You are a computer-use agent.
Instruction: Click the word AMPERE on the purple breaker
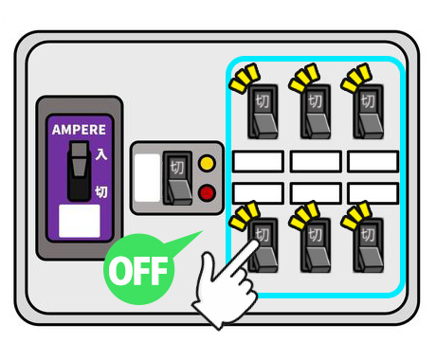pyautogui.click(x=79, y=130)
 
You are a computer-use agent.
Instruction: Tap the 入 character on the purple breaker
pyautogui.click(x=101, y=154)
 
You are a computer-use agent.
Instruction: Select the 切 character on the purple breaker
pyautogui.click(x=101, y=191)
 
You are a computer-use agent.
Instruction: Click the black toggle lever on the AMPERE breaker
pyautogui.click(x=79, y=171)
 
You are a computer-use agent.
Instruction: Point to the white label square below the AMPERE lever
pyautogui.click(x=80, y=221)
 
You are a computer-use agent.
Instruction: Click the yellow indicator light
pyautogui.click(x=207, y=163)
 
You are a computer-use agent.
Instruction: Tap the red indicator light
pyautogui.click(x=207, y=193)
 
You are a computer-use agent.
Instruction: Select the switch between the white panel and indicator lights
pyautogui.click(x=177, y=178)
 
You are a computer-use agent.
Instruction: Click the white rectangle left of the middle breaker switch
pyautogui.click(x=147, y=178)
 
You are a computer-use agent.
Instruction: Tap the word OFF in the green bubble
pyautogui.click(x=138, y=271)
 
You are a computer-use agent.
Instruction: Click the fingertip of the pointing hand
pyautogui.click(x=254, y=243)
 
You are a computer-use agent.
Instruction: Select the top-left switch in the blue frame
pyautogui.click(x=263, y=112)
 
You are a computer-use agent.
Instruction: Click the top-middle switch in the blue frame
pyautogui.click(x=316, y=112)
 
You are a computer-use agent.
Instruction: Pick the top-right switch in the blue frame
pyautogui.click(x=368, y=112)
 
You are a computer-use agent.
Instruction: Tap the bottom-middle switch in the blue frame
pyautogui.click(x=316, y=245)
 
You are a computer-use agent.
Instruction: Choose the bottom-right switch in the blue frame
pyautogui.click(x=368, y=245)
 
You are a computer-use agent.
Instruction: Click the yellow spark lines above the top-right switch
pyautogui.click(x=356, y=78)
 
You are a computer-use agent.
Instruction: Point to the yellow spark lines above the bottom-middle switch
pyautogui.click(x=304, y=215)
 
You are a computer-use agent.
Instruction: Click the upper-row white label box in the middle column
pyautogui.click(x=316, y=162)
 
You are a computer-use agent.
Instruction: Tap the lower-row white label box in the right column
pyautogui.click(x=373, y=193)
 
